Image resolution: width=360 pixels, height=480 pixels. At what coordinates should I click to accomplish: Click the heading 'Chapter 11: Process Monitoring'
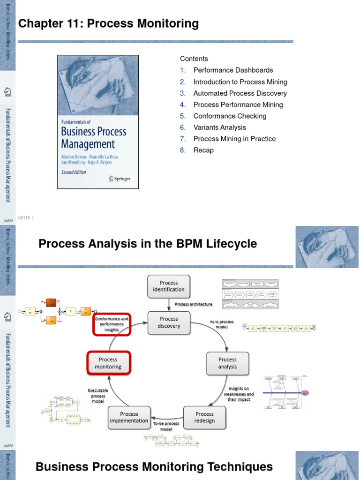[108, 23]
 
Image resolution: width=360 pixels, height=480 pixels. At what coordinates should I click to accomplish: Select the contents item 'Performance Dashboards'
[233, 70]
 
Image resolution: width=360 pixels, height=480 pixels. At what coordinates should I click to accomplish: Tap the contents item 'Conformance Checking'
[230, 116]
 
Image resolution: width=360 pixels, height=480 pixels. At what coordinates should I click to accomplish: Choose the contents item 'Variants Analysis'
[219, 127]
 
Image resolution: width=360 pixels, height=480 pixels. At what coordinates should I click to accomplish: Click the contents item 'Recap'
[203, 150]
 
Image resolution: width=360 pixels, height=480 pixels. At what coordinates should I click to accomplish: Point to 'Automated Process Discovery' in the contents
[240, 93]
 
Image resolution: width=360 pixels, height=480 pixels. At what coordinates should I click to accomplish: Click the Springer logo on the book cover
[119, 178]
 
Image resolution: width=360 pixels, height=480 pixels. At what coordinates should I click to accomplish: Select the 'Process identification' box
[169, 286]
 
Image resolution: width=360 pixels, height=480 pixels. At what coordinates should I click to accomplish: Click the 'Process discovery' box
[169, 322]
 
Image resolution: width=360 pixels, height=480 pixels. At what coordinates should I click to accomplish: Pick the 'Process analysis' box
[227, 363]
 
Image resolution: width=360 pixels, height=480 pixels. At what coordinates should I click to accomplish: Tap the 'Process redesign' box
[204, 417]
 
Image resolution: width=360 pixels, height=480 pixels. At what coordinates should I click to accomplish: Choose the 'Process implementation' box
[129, 417]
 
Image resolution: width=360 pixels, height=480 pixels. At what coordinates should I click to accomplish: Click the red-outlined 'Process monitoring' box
[108, 363]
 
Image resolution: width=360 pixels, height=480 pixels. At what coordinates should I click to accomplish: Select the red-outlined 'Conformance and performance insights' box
[112, 324]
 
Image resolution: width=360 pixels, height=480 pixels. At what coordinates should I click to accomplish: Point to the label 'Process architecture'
[193, 304]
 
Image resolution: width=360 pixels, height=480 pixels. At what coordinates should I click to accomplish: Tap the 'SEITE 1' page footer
[26, 218]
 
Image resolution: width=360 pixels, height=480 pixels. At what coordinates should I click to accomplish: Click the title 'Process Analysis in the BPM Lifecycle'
[148, 244]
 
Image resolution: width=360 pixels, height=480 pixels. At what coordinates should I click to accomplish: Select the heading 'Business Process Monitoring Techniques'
[154, 467]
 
